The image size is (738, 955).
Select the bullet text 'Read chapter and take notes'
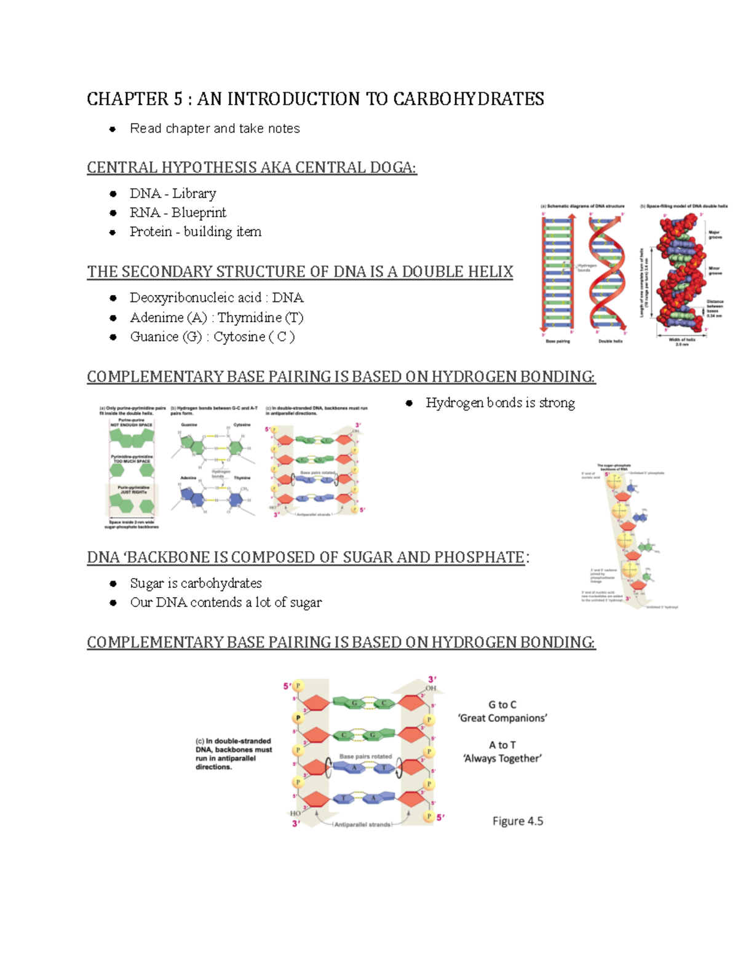tap(215, 129)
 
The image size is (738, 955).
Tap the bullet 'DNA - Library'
tap(173, 194)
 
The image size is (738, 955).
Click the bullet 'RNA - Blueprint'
tap(178, 213)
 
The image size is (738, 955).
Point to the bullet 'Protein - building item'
tap(196, 232)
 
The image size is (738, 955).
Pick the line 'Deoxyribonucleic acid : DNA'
tap(216, 298)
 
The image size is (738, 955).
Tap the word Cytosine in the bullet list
tap(239, 337)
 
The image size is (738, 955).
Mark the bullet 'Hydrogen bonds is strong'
tap(500, 403)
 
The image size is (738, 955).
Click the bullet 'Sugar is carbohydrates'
tap(196, 583)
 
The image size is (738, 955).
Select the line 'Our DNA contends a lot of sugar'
tap(226, 603)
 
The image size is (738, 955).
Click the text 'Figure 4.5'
tap(517, 821)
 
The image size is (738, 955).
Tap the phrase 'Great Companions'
tap(502, 718)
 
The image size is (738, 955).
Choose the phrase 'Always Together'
tap(502, 759)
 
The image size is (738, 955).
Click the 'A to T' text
tap(502, 745)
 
